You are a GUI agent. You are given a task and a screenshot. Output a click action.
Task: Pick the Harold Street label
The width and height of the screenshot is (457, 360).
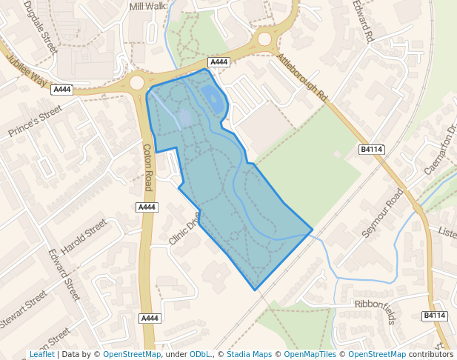coord(84,236)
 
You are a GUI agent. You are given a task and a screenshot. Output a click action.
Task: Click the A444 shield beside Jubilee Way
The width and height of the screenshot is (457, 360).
coord(62,90)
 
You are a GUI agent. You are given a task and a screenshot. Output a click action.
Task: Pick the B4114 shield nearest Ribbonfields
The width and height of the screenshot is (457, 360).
coord(435,316)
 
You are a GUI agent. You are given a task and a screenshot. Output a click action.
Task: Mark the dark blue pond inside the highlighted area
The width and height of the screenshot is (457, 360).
coord(213,99)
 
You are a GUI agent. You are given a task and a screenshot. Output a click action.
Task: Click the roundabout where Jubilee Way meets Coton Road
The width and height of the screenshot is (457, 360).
coord(136,82)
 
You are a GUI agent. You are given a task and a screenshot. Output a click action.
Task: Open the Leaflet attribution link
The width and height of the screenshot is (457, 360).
coord(42,354)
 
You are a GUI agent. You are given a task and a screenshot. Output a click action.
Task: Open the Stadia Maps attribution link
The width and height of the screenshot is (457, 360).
coord(249,354)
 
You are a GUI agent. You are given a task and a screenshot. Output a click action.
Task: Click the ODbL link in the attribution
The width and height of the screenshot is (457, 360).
coord(199,354)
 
